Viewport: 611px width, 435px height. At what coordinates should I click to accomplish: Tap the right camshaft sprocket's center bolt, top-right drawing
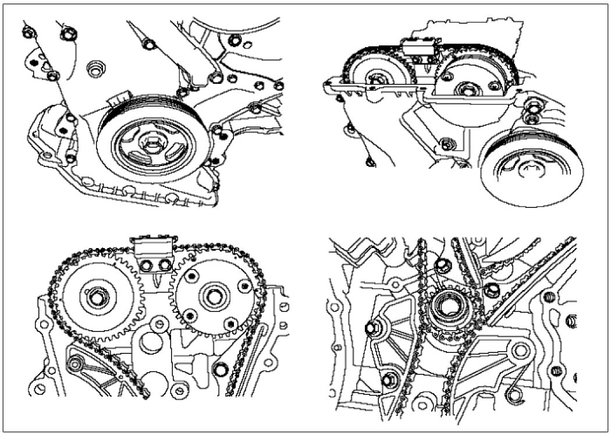coord(466,90)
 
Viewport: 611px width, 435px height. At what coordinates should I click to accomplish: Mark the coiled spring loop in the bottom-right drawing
coord(515,397)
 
